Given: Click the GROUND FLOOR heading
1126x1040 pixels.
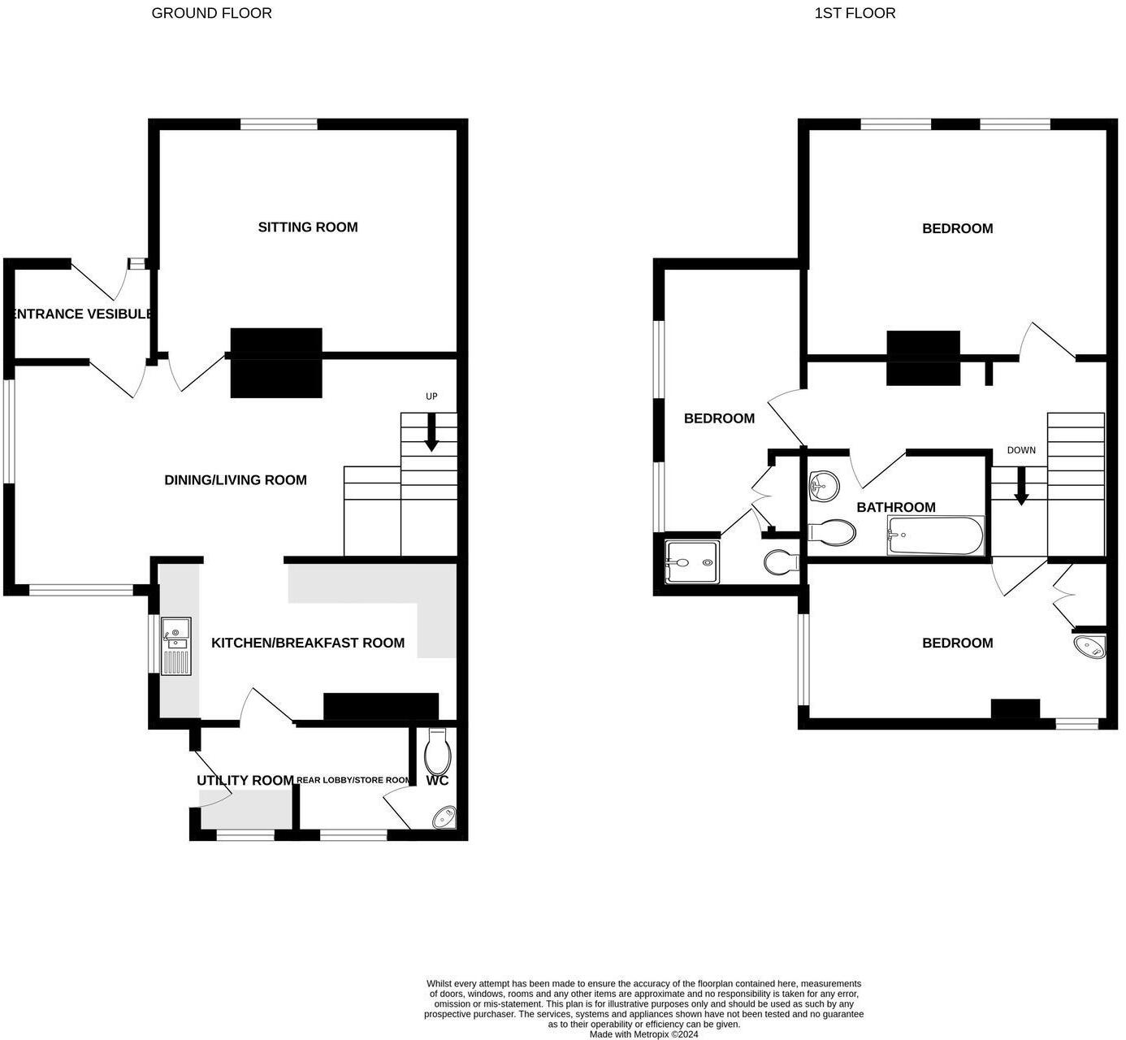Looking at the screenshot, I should click(x=211, y=13).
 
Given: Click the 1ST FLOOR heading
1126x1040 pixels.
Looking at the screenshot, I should click(x=855, y=13).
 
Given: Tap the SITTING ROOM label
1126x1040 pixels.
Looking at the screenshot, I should click(x=308, y=227).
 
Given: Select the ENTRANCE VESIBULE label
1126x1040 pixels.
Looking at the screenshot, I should click(x=81, y=314).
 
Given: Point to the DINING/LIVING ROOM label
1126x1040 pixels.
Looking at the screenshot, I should click(x=236, y=480).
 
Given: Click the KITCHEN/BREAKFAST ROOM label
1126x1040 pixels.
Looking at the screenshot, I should click(x=308, y=643).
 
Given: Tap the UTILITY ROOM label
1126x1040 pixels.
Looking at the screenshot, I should click(x=245, y=781).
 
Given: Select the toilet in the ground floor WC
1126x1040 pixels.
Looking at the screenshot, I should click(x=437, y=752).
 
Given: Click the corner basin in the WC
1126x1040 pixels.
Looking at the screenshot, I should click(x=445, y=817).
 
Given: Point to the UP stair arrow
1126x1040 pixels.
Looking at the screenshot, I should click(x=431, y=431).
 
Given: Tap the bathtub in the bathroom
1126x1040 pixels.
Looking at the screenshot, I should click(x=935, y=535).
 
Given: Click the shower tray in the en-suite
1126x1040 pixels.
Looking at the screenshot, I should click(x=691, y=562).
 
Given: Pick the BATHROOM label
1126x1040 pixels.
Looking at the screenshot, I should click(x=896, y=508).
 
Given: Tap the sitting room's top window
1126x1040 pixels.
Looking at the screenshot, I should click(x=279, y=124).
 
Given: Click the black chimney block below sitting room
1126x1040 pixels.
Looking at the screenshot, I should click(x=276, y=362).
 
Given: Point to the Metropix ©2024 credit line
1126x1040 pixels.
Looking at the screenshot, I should click(x=643, y=1034).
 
